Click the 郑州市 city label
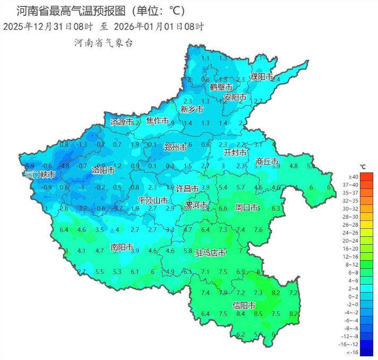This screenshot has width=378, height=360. pyautogui.click(x=175, y=147)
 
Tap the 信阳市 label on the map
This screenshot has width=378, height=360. pyautogui.click(x=244, y=305)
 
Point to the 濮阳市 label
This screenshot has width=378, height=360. pyautogui.click(x=261, y=76)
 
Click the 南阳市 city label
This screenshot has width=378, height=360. pyautogui.click(x=122, y=247)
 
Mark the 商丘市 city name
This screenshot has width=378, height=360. pyautogui.click(x=267, y=161)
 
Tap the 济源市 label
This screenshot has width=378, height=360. pyautogui.click(x=122, y=122)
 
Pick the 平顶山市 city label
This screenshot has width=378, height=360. pyautogui.click(x=153, y=200)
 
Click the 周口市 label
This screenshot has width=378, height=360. pyautogui.click(x=246, y=207)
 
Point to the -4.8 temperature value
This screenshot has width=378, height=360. pyautogui.click(x=65, y=166)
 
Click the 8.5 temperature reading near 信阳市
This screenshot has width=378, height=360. pyautogui.click(x=259, y=314)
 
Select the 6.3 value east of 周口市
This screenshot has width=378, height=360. pyautogui.click(x=276, y=209)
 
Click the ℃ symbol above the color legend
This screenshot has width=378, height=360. pyautogui.click(x=363, y=166)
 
